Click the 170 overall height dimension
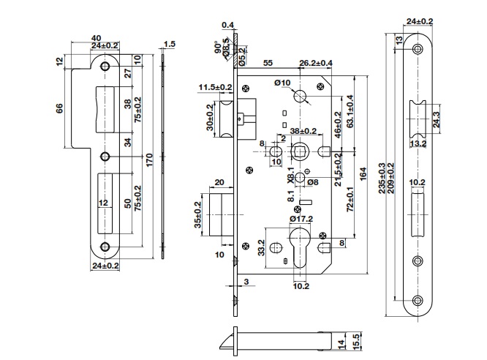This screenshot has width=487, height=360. pyautogui.click(x=149, y=160)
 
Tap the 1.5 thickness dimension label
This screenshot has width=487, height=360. pyautogui.click(x=170, y=44)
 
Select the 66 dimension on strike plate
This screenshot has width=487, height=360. pyautogui.click(x=59, y=108)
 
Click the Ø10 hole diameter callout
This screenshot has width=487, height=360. pyautogui.click(x=282, y=83)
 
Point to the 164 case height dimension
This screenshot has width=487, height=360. pyautogui.click(x=363, y=174)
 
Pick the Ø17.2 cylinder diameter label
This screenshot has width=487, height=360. pyautogui.click(x=301, y=219)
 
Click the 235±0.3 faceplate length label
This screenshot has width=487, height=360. pyautogui.click(x=382, y=178)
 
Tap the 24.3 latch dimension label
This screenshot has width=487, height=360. pyautogui.click(x=437, y=119)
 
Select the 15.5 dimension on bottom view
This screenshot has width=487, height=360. pyautogui.click(x=357, y=341)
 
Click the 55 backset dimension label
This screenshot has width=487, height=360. pyautogui.click(x=268, y=63)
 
